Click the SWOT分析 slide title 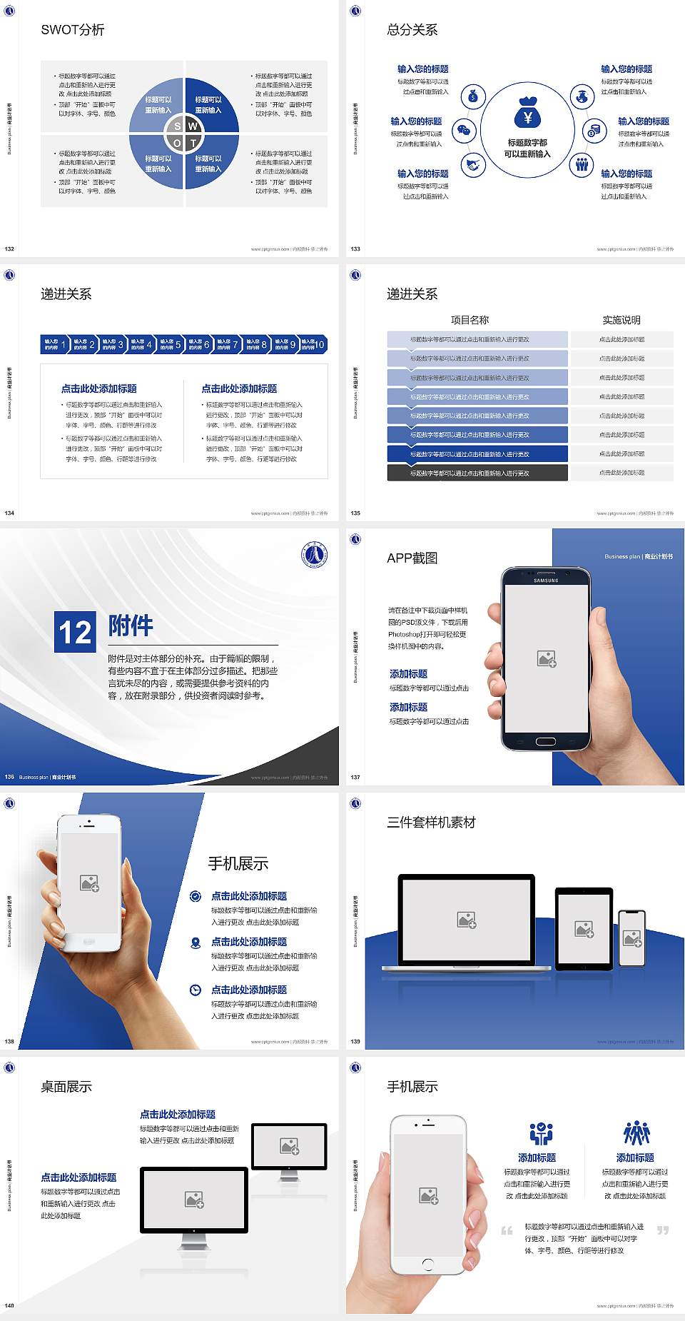coord(73,30)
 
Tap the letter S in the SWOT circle coord(178,126)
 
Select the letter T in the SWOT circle coord(193,143)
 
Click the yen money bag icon coord(527,113)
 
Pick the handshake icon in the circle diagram coord(472,165)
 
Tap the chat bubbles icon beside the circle coord(464,131)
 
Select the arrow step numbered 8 coord(256,345)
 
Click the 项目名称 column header coord(470,320)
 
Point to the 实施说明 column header coord(621,320)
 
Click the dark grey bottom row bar coord(477,473)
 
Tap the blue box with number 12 coord(75,632)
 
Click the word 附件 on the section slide coord(131,626)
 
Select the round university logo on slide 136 coord(314,555)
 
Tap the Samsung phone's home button coord(546,741)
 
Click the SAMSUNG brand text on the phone coord(546,581)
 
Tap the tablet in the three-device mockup coord(584,929)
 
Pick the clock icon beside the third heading coord(196,990)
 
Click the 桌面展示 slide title coord(66,1087)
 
